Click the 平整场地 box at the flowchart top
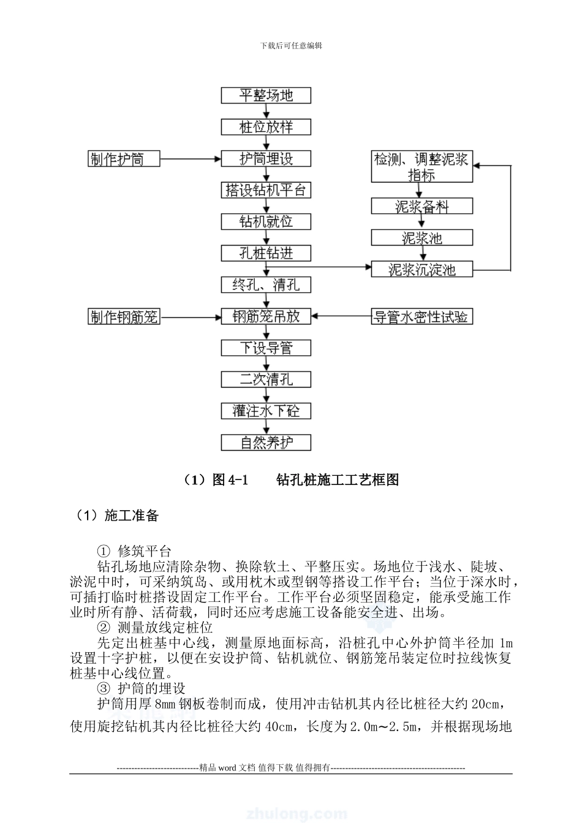pyautogui.click(x=266, y=96)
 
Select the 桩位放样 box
pyautogui.click(x=266, y=127)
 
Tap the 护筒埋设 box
pyautogui.click(x=266, y=159)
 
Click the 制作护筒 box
pyautogui.click(x=124, y=159)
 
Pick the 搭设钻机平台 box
pyautogui.click(x=266, y=190)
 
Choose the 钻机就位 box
pyautogui.click(x=266, y=222)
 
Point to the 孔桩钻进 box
pyautogui.click(x=266, y=254)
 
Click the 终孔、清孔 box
pyautogui.click(x=266, y=285)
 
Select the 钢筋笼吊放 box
pyautogui.click(x=266, y=317)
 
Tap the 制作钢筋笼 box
pyautogui.click(x=124, y=317)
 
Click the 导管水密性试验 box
pyautogui.click(x=422, y=317)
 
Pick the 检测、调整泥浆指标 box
pyautogui.click(x=422, y=167)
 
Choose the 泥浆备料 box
pyautogui.click(x=422, y=206)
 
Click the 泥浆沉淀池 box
pyautogui.click(x=422, y=269)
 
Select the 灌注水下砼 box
pyautogui.click(x=266, y=411)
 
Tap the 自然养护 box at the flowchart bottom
pyautogui.click(x=266, y=443)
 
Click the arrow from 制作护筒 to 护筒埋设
pyautogui.click(x=190, y=159)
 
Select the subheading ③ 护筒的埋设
pyautogui.click(x=142, y=688)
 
